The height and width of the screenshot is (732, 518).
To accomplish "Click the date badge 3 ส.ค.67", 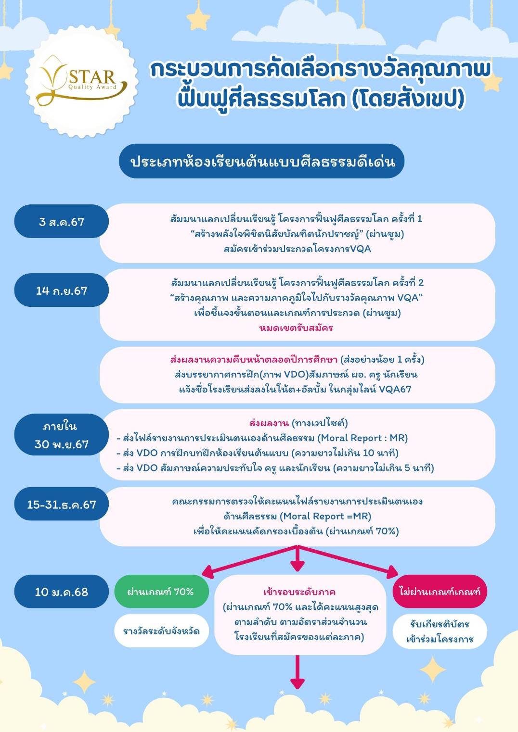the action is click(62, 221).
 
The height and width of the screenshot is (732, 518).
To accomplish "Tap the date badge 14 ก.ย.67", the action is click(62, 290).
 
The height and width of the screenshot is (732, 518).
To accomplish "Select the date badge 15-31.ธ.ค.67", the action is click(62, 504).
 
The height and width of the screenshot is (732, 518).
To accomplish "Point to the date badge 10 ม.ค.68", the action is click(62, 592).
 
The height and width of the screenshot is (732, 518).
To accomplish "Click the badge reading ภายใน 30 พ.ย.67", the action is click(62, 435).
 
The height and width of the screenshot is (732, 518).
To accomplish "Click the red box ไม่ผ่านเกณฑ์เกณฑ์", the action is click(440, 592).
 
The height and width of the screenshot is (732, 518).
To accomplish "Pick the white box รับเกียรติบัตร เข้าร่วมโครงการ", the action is click(440, 631).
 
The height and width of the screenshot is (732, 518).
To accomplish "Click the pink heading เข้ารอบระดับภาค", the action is click(299, 592).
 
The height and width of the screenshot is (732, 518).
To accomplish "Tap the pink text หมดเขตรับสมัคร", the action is click(296, 328).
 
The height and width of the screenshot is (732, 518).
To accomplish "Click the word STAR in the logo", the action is click(92, 77).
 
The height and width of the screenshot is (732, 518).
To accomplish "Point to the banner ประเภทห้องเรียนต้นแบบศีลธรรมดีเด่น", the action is click(261, 161).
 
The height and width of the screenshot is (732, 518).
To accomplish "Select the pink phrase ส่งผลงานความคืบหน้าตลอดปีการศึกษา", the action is click(254, 360).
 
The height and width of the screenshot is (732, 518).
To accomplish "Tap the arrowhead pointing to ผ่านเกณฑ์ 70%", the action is click(208, 572).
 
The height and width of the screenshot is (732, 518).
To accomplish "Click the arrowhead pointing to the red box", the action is click(392, 572).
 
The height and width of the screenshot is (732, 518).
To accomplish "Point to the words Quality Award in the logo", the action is click(92, 87).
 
